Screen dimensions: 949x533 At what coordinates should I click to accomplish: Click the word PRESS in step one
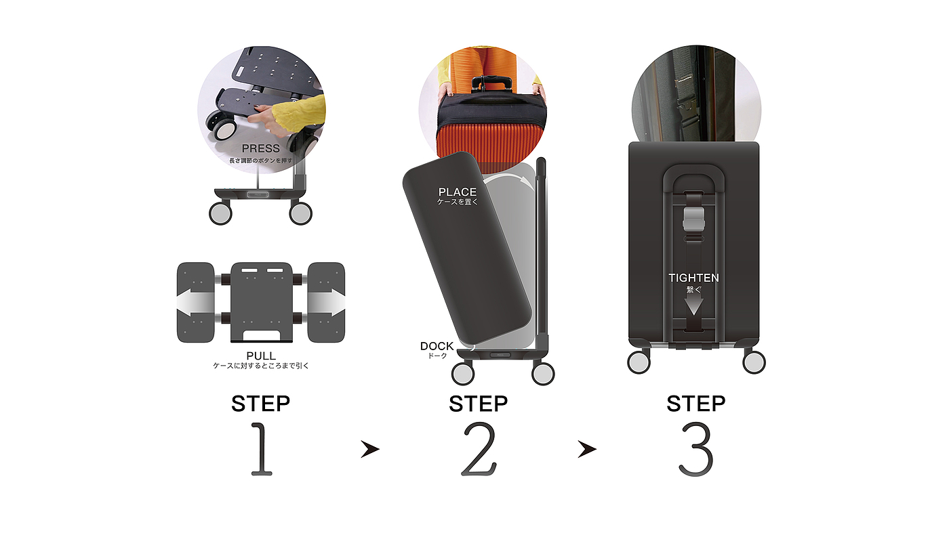pos(260,148)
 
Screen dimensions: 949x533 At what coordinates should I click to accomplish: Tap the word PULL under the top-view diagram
pos(261,356)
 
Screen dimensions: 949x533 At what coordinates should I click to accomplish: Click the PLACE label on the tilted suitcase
pos(457,192)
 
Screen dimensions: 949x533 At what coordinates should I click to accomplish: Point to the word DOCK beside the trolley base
pos(437,346)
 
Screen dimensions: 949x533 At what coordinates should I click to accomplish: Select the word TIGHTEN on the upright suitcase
pos(693,278)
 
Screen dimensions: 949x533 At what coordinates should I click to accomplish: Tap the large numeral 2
pos(479,449)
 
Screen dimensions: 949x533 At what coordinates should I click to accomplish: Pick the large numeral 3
pos(696,449)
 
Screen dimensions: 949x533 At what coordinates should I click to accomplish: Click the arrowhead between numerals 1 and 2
pos(370,449)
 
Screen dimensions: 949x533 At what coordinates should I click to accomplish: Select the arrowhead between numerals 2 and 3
pos(587,449)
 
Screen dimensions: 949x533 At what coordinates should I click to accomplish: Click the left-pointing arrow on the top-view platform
pos(195,304)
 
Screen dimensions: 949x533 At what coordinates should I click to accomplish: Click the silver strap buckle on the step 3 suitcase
pos(693,219)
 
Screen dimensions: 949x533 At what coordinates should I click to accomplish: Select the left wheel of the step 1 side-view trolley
pos(220,213)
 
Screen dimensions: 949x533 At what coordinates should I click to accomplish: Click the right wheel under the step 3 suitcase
pos(754,362)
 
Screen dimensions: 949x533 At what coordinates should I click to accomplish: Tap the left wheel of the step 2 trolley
pos(462,374)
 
